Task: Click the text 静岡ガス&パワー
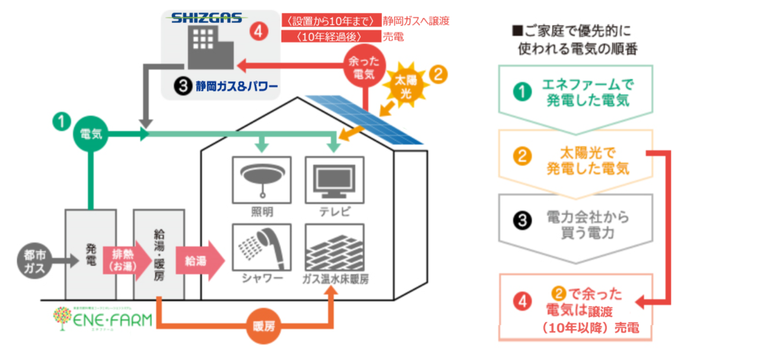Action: (x=235, y=84)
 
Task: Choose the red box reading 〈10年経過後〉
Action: (x=329, y=37)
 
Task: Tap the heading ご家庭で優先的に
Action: (x=574, y=33)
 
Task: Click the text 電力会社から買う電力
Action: (x=587, y=225)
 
